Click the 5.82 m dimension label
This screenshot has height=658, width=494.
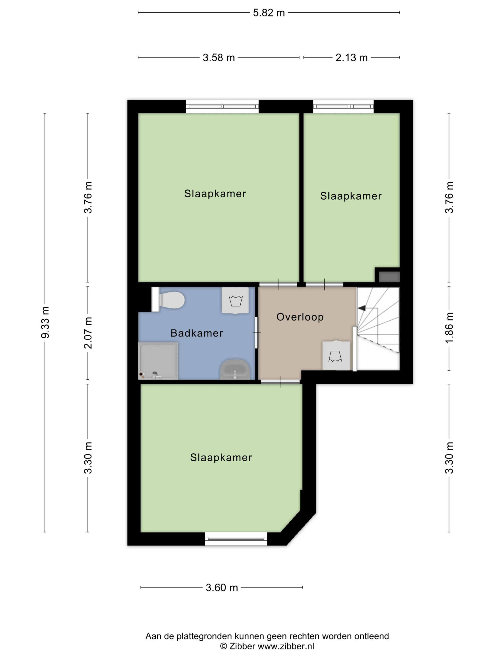click(269, 13)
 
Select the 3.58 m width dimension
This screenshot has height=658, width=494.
click(219, 57)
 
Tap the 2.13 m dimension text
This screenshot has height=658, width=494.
click(351, 57)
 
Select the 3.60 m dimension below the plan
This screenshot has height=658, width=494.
click(222, 587)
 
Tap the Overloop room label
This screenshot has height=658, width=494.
click(300, 317)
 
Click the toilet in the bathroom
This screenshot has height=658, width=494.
click(168, 300)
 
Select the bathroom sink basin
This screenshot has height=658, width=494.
click(235, 369)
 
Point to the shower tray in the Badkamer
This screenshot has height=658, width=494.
click(158, 361)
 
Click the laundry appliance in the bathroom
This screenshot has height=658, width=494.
click(235, 300)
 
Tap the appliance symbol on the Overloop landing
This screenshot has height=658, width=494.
click(336, 356)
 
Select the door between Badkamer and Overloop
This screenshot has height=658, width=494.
click(257, 333)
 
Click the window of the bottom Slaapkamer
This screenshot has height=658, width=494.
click(236, 538)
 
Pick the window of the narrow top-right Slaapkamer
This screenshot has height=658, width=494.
click(343, 106)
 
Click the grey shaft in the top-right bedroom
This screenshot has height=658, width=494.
click(389, 277)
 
